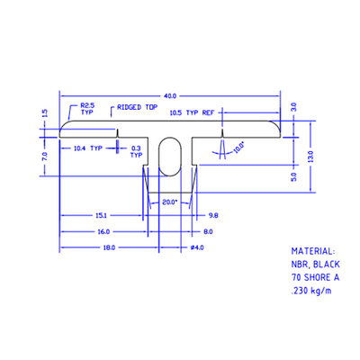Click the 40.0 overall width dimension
(171, 94)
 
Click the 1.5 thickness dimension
(44, 113)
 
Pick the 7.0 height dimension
(44, 156)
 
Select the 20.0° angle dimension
(169, 202)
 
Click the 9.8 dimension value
(212, 216)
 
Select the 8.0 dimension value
(208, 231)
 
